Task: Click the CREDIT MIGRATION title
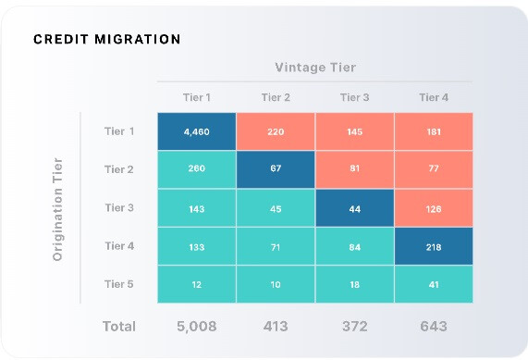106,40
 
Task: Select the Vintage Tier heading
315,68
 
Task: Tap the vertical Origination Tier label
57,209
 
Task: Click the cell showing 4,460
196,132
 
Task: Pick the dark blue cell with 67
276,170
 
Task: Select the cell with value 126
433,208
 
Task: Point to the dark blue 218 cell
433,246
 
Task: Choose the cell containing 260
196,170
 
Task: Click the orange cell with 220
276,132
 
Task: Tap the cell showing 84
354,246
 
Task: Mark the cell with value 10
276,284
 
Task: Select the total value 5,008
196,326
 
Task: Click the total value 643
433,326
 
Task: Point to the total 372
354,326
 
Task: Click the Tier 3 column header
354,97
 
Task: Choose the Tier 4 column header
433,97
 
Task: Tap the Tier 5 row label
119,283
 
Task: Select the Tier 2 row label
119,169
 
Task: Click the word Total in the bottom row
117,326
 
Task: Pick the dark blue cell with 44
354,208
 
